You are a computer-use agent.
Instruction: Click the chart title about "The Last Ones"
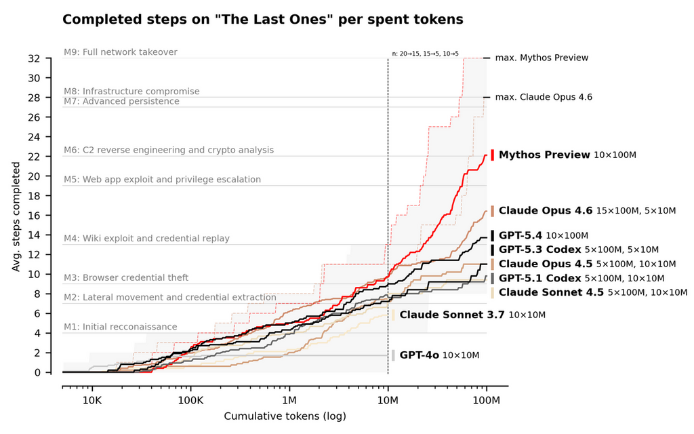(x=262, y=20)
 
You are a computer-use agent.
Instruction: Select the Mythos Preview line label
(x=544, y=155)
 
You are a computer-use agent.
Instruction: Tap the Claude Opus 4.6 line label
(x=546, y=211)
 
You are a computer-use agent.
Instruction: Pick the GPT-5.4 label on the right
(x=520, y=236)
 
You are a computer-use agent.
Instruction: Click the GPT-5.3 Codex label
(x=540, y=250)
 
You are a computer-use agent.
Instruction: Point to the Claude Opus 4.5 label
(x=546, y=264)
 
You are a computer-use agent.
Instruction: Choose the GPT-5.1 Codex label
(x=540, y=278)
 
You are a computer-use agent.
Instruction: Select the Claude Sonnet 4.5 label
(x=552, y=292)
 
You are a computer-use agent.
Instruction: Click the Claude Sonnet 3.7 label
(x=452, y=315)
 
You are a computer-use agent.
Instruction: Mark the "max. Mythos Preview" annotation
(x=542, y=58)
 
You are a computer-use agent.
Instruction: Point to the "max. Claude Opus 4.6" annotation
(x=544, y=97)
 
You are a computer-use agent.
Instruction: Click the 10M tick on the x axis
(x=388, y=401)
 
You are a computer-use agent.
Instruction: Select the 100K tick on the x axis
(x=190, y=401)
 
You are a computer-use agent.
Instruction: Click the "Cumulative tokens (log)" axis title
(x=285, y=416)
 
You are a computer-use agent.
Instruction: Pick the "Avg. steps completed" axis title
(x=16, y=216)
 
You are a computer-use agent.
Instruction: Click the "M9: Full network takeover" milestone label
(x=121, y=52)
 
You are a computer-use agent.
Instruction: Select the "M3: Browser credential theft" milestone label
(x=126, y=277)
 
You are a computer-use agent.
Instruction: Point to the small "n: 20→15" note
(x=425, y=53)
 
